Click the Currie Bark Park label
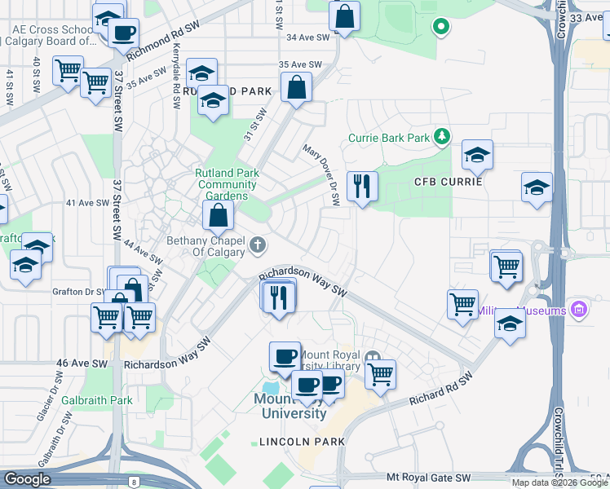(389, 138)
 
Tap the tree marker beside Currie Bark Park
(443, 135)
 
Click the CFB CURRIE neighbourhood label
(449, 181)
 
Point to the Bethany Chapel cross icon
(258, 244)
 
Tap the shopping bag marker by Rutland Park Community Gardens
(219, 216)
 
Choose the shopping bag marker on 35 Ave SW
(297, 87)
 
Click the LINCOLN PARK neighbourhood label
(301, 441)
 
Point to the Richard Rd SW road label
(441, 390)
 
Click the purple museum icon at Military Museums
(579, 310)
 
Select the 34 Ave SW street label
(307, 37)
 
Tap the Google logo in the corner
(26, 479)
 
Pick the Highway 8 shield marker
(133, 482)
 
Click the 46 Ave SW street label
(78, 363)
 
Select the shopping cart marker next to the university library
(380, 375)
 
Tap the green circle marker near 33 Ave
(441, 28)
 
